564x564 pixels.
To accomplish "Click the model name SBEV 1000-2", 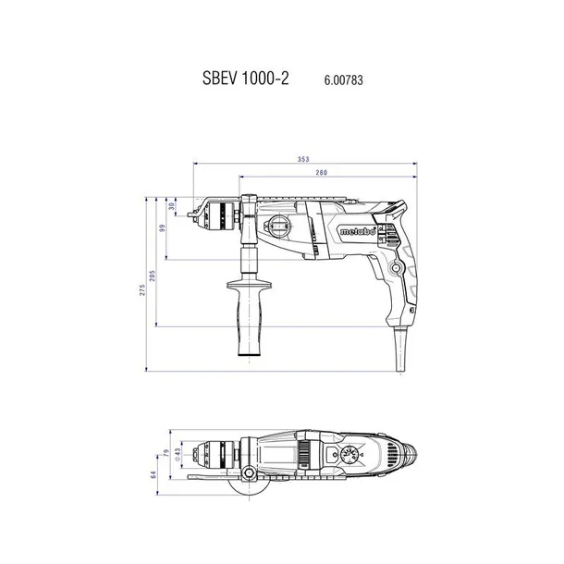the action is [246, 78].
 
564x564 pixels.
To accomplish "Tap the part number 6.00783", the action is [344, 80].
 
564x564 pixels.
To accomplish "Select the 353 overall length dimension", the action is [303, 159].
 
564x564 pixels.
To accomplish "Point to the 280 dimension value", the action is [321, 173].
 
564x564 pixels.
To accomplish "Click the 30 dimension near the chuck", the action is [172, 206].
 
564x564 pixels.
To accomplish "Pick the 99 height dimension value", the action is [162, 228].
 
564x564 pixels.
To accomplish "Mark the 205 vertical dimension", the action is [153, 276].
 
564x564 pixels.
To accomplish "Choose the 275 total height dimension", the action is [142, 290].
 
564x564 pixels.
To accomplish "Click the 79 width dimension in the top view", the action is [166, 452].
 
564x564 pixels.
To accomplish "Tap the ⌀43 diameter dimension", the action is [177, 454].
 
